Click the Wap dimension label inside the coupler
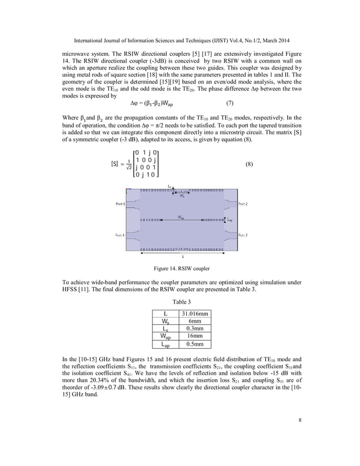[180, 217]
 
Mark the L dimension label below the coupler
[182, 256]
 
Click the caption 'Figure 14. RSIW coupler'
[181, 268]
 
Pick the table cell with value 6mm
[195, 320]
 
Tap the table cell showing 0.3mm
[195, 328]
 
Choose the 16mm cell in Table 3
[195, 336]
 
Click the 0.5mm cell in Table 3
[195, 344]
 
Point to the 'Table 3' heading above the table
[180, 301]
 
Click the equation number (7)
[230, 103]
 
